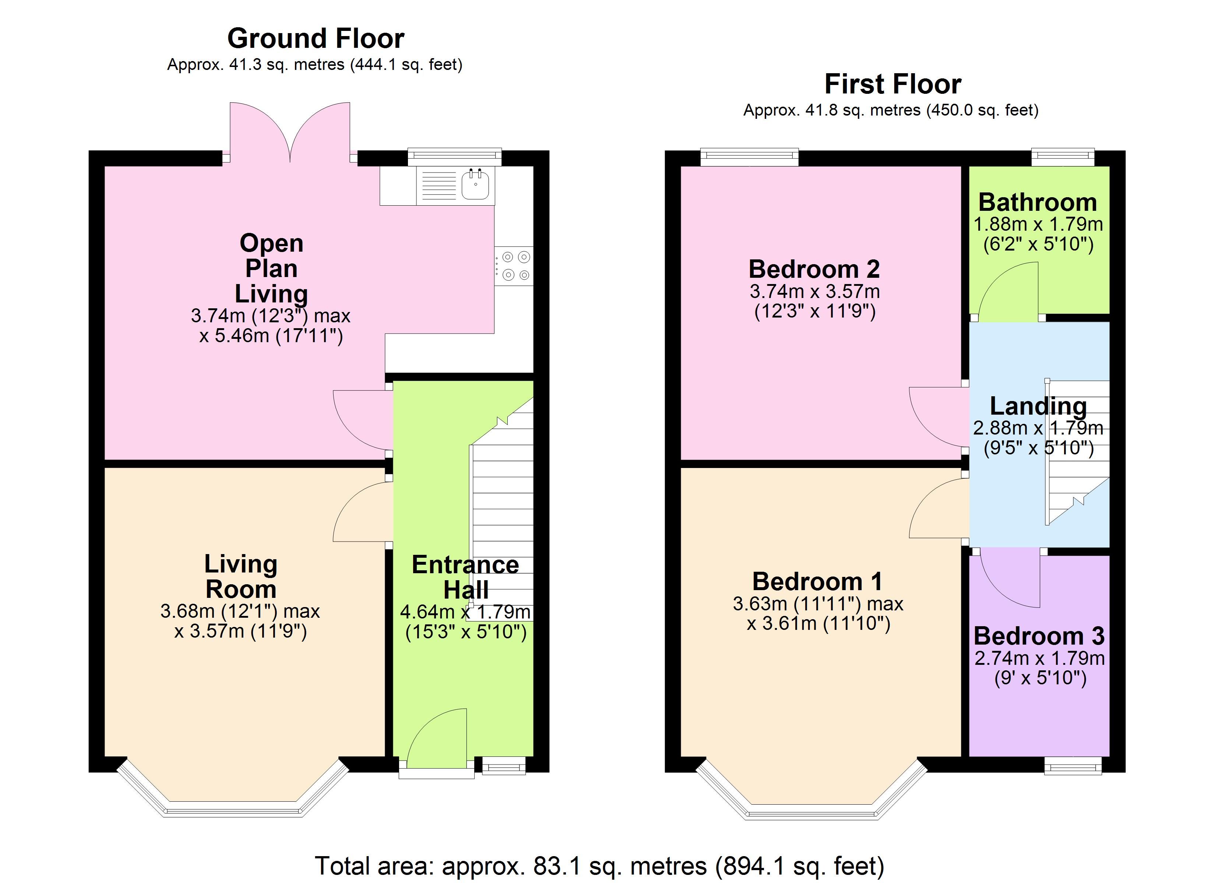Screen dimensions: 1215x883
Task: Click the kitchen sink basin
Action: pyautogui.click(x=475, y=185)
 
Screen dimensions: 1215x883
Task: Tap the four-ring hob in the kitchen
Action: pyautogui.click(x=514, y=266)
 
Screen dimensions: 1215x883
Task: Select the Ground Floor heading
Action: pyautogui.click(x=316, y=39)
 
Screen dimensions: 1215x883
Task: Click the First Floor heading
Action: pyautogui.click(x=892, y=84)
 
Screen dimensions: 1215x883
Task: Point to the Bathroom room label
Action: pyautogui.click(x=1038, y=202)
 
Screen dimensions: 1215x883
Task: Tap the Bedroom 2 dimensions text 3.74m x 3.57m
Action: pyautogui.click(x=815, y=291)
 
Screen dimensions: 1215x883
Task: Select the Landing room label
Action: pyautogui.click(x=1038, y=406)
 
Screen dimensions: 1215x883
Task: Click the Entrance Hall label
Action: pyautogui.click(x=465, y=577)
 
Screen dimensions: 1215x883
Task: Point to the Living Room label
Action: pyautogui.click(x=241, y=577)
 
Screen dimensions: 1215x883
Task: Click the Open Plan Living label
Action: pyautogui.click(x=272, y=268)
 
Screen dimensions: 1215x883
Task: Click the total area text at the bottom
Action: pyautogui.click(x=599, y=865)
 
